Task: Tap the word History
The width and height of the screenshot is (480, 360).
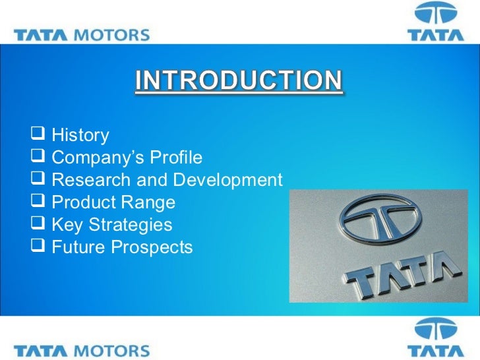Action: tap(80, 136)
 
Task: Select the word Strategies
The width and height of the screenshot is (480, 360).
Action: tap(131, 225)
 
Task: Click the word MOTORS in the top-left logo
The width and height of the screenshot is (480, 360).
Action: tap(113, 35)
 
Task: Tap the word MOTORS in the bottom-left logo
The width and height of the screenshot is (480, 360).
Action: tap(113, 350)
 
